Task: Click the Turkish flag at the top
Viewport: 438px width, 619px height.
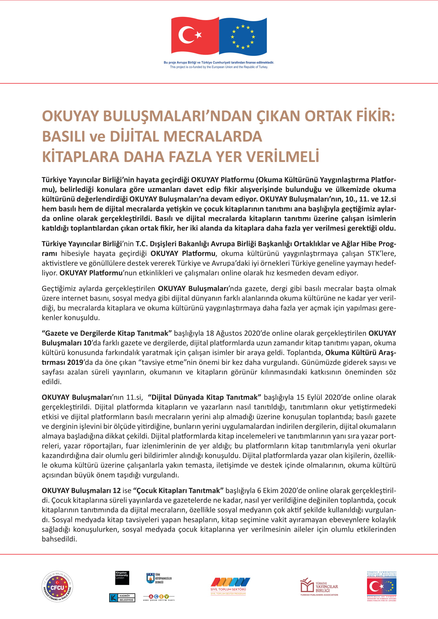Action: point(195,35)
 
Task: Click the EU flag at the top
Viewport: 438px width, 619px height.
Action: point(243,36)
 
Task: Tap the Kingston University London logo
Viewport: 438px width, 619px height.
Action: point(122,577)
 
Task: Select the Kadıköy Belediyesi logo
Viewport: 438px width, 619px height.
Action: point(122,598)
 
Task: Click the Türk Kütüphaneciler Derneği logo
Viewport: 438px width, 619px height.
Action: point(159,578)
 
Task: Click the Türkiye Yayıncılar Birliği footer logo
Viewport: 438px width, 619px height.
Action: point(319,587)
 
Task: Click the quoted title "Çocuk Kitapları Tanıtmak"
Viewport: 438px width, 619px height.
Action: point(178,490)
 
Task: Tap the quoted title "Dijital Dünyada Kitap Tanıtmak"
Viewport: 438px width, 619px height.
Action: point(204,397)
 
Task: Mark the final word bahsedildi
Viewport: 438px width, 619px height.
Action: point(59,539)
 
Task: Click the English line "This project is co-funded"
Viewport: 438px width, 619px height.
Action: point(219,67)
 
